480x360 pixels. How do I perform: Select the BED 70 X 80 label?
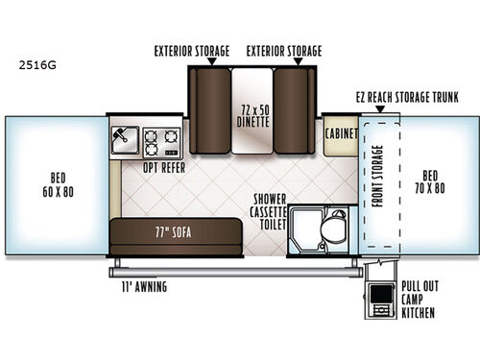(432, 182)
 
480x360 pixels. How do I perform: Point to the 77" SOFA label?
(160, 232)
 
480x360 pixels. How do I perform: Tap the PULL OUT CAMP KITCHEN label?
(419, 300)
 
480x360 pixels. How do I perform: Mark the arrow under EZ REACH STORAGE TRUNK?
(389, 110)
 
